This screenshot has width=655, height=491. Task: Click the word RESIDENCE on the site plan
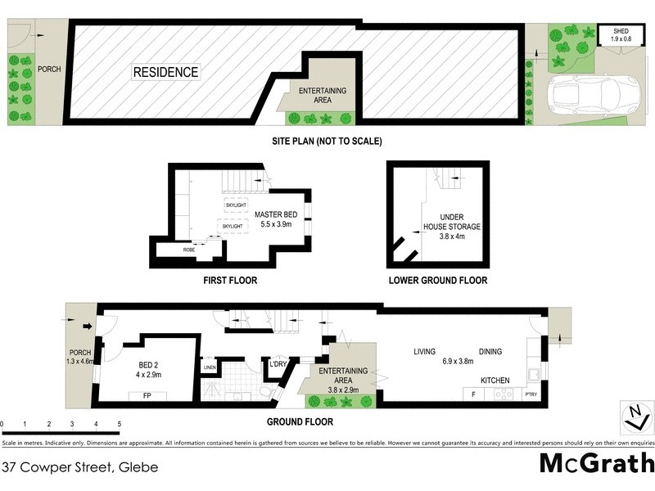(x=165, y=72)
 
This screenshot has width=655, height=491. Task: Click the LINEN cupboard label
(x=210, y=367)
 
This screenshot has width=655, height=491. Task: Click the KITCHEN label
(x=495, y=381)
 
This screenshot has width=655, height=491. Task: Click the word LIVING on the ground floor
(x=424, y=352)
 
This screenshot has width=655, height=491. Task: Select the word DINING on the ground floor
(x=490, y=352)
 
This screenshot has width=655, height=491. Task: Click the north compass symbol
(x=634, y=417)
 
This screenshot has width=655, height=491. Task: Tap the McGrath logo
(x=595, y=464)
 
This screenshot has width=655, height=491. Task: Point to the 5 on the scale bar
(x=120, y=424)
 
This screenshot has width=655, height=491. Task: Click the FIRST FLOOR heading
(x=230, y=281)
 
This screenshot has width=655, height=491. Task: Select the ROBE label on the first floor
(x=188, y=249)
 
